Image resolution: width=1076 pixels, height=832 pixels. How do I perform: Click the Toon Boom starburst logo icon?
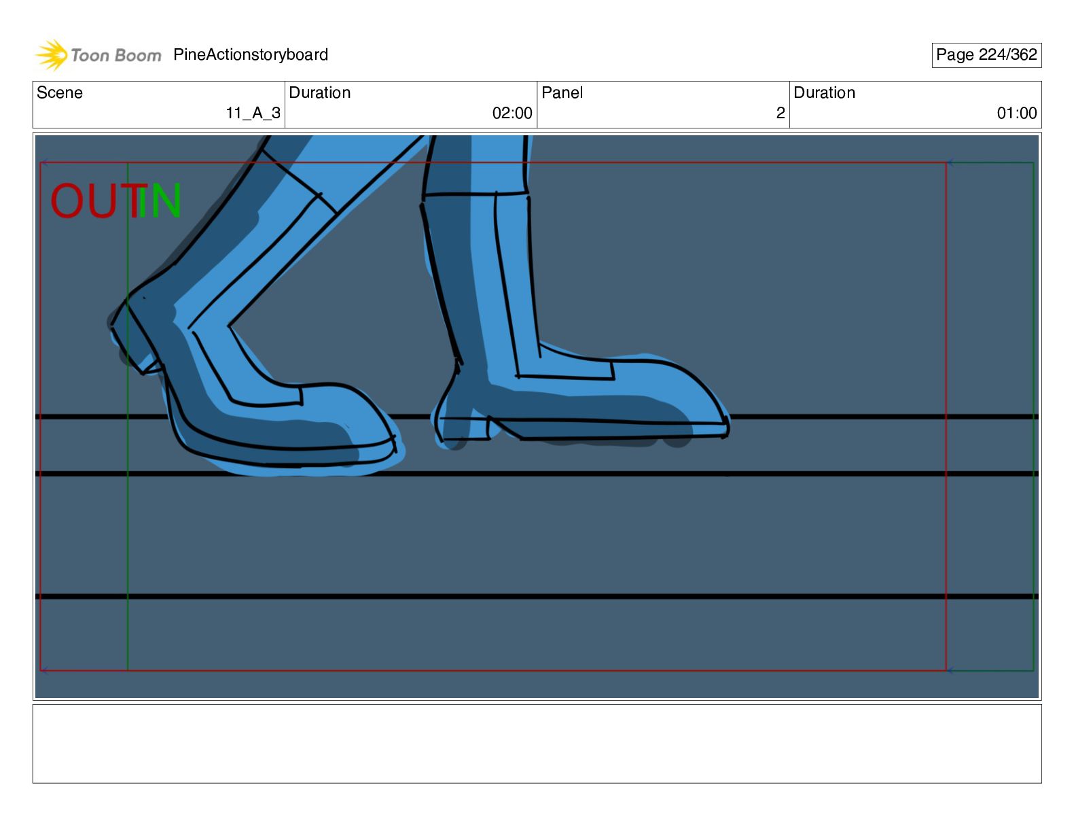point(51,54)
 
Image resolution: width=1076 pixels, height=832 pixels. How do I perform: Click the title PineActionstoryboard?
point(251,54)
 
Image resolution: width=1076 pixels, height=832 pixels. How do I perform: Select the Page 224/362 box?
point(986,55)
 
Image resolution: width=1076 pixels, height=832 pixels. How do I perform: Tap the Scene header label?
point(59,92)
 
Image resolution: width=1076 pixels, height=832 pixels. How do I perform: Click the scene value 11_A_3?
point(253,114)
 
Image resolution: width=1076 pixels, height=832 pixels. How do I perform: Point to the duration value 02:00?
point(512,114)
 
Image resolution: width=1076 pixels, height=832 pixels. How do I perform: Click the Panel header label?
point(562,92)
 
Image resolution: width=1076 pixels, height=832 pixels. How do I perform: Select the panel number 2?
point(781,114)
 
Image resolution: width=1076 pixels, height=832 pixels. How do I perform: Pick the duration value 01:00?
point(1017,114)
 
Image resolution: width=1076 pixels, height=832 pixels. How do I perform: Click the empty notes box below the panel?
point(537,744)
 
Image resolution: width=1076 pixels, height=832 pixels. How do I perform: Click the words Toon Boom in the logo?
point(116,55)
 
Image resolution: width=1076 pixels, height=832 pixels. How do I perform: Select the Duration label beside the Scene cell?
point(319,92)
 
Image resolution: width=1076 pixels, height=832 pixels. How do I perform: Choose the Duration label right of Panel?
point(825,92)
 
